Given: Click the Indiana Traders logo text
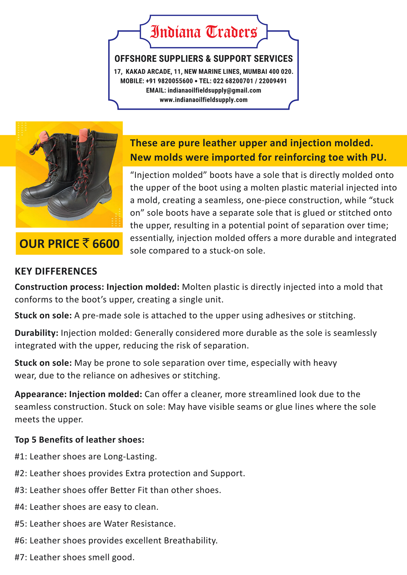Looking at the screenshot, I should tap(203, 32).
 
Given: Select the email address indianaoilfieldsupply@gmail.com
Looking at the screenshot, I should tap(214, 91).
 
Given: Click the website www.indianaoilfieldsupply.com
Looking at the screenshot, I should tap(203, 100).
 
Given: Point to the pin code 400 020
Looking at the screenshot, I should tap(281, 72).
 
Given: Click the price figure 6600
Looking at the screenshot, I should tap(106, 244).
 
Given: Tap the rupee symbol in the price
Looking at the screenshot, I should tap(86, 243).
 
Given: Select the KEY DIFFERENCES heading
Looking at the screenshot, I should tap(56, 272).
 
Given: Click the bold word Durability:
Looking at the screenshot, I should tap(37, 333).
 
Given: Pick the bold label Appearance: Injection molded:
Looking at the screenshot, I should tap(78, 394).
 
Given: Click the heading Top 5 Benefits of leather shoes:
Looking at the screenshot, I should tap(79, 440).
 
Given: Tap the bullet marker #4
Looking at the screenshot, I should tap(21, 507).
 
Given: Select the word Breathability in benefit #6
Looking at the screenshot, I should tap(190, 540).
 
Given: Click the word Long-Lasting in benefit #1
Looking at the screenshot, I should tap(130, 457).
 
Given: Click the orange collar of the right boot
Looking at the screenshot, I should tap(84, 136).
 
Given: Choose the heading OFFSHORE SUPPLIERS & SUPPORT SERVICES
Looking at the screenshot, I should tap(203, 59).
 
